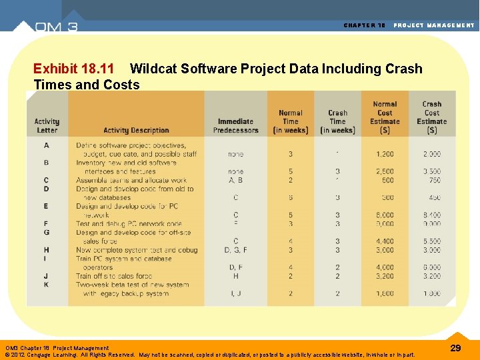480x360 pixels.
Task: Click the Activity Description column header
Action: pos(136,131)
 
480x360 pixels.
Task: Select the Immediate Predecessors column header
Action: pos(235,126)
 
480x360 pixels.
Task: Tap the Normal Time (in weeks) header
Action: pos(291,122)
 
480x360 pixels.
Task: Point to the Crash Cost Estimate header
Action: pos(431,117)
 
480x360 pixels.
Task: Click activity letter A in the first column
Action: pos(47,145)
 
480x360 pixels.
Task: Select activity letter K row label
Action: pos(46,285)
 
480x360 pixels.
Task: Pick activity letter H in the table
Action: pos(46,250)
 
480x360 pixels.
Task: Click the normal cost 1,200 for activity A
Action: pos(384,154)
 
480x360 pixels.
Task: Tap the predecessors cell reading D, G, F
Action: pos(235,250)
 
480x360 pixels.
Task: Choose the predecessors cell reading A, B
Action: pos(235,180)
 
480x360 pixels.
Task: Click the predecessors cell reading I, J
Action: pos(235,293)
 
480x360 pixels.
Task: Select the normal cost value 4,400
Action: pos(384,241)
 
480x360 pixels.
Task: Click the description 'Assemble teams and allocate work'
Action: pos(131,180)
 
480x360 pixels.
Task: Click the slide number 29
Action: pos(455,348)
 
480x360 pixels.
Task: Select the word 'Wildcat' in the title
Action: pos(153,69)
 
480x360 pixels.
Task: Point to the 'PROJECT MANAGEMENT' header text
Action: pos(434,25)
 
